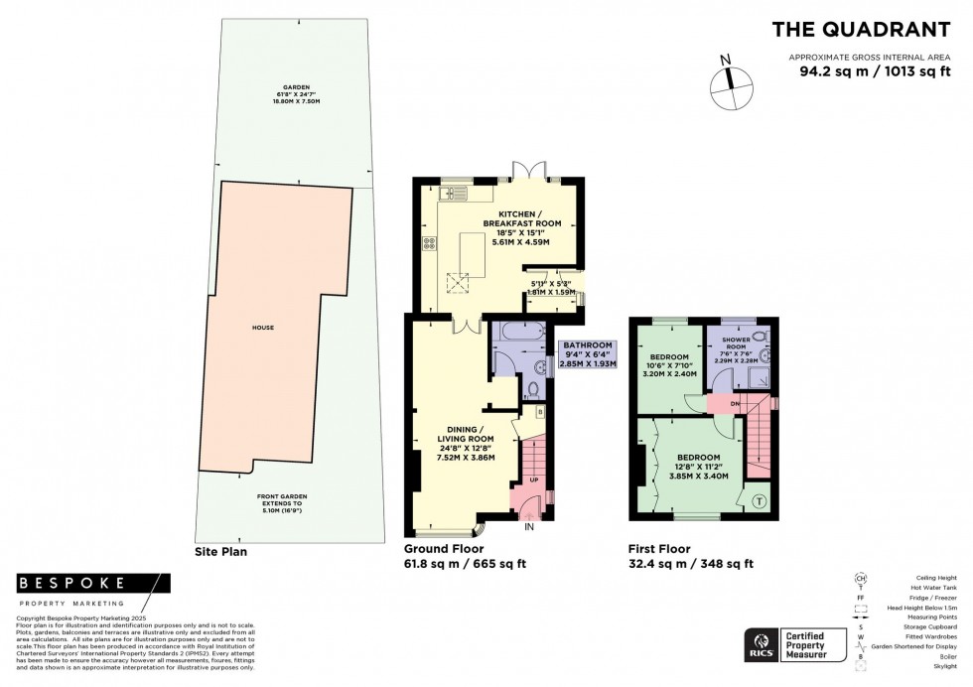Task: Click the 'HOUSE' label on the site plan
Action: click(263, 328)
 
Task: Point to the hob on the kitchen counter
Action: click(430, 242)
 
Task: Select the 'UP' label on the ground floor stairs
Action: click(533, 481)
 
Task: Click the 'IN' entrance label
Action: click(529, 528)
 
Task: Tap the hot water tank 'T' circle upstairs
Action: click(760, 500)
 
